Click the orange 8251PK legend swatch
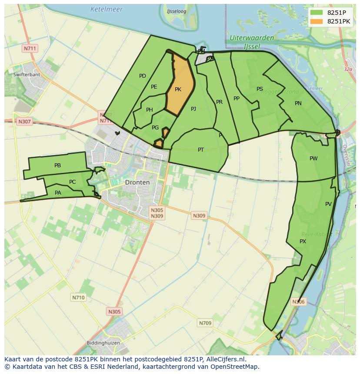coord(317,21)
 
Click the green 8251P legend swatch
coord(317,13)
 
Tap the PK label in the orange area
coord(178,89)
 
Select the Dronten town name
coord(137,182)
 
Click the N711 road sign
coord(30,48)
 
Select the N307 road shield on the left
coord(24,122)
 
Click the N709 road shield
coord(205,323)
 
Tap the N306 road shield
coord(298,301)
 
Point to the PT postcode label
coord(201,150)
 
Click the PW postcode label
coord(313,159)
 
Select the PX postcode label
coord(303,242)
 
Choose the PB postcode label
coord(57,165)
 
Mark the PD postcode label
coord(143,76)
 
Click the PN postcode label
coord(298,103)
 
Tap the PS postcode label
coord(260,89)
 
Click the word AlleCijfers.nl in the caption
coord(225,360)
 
